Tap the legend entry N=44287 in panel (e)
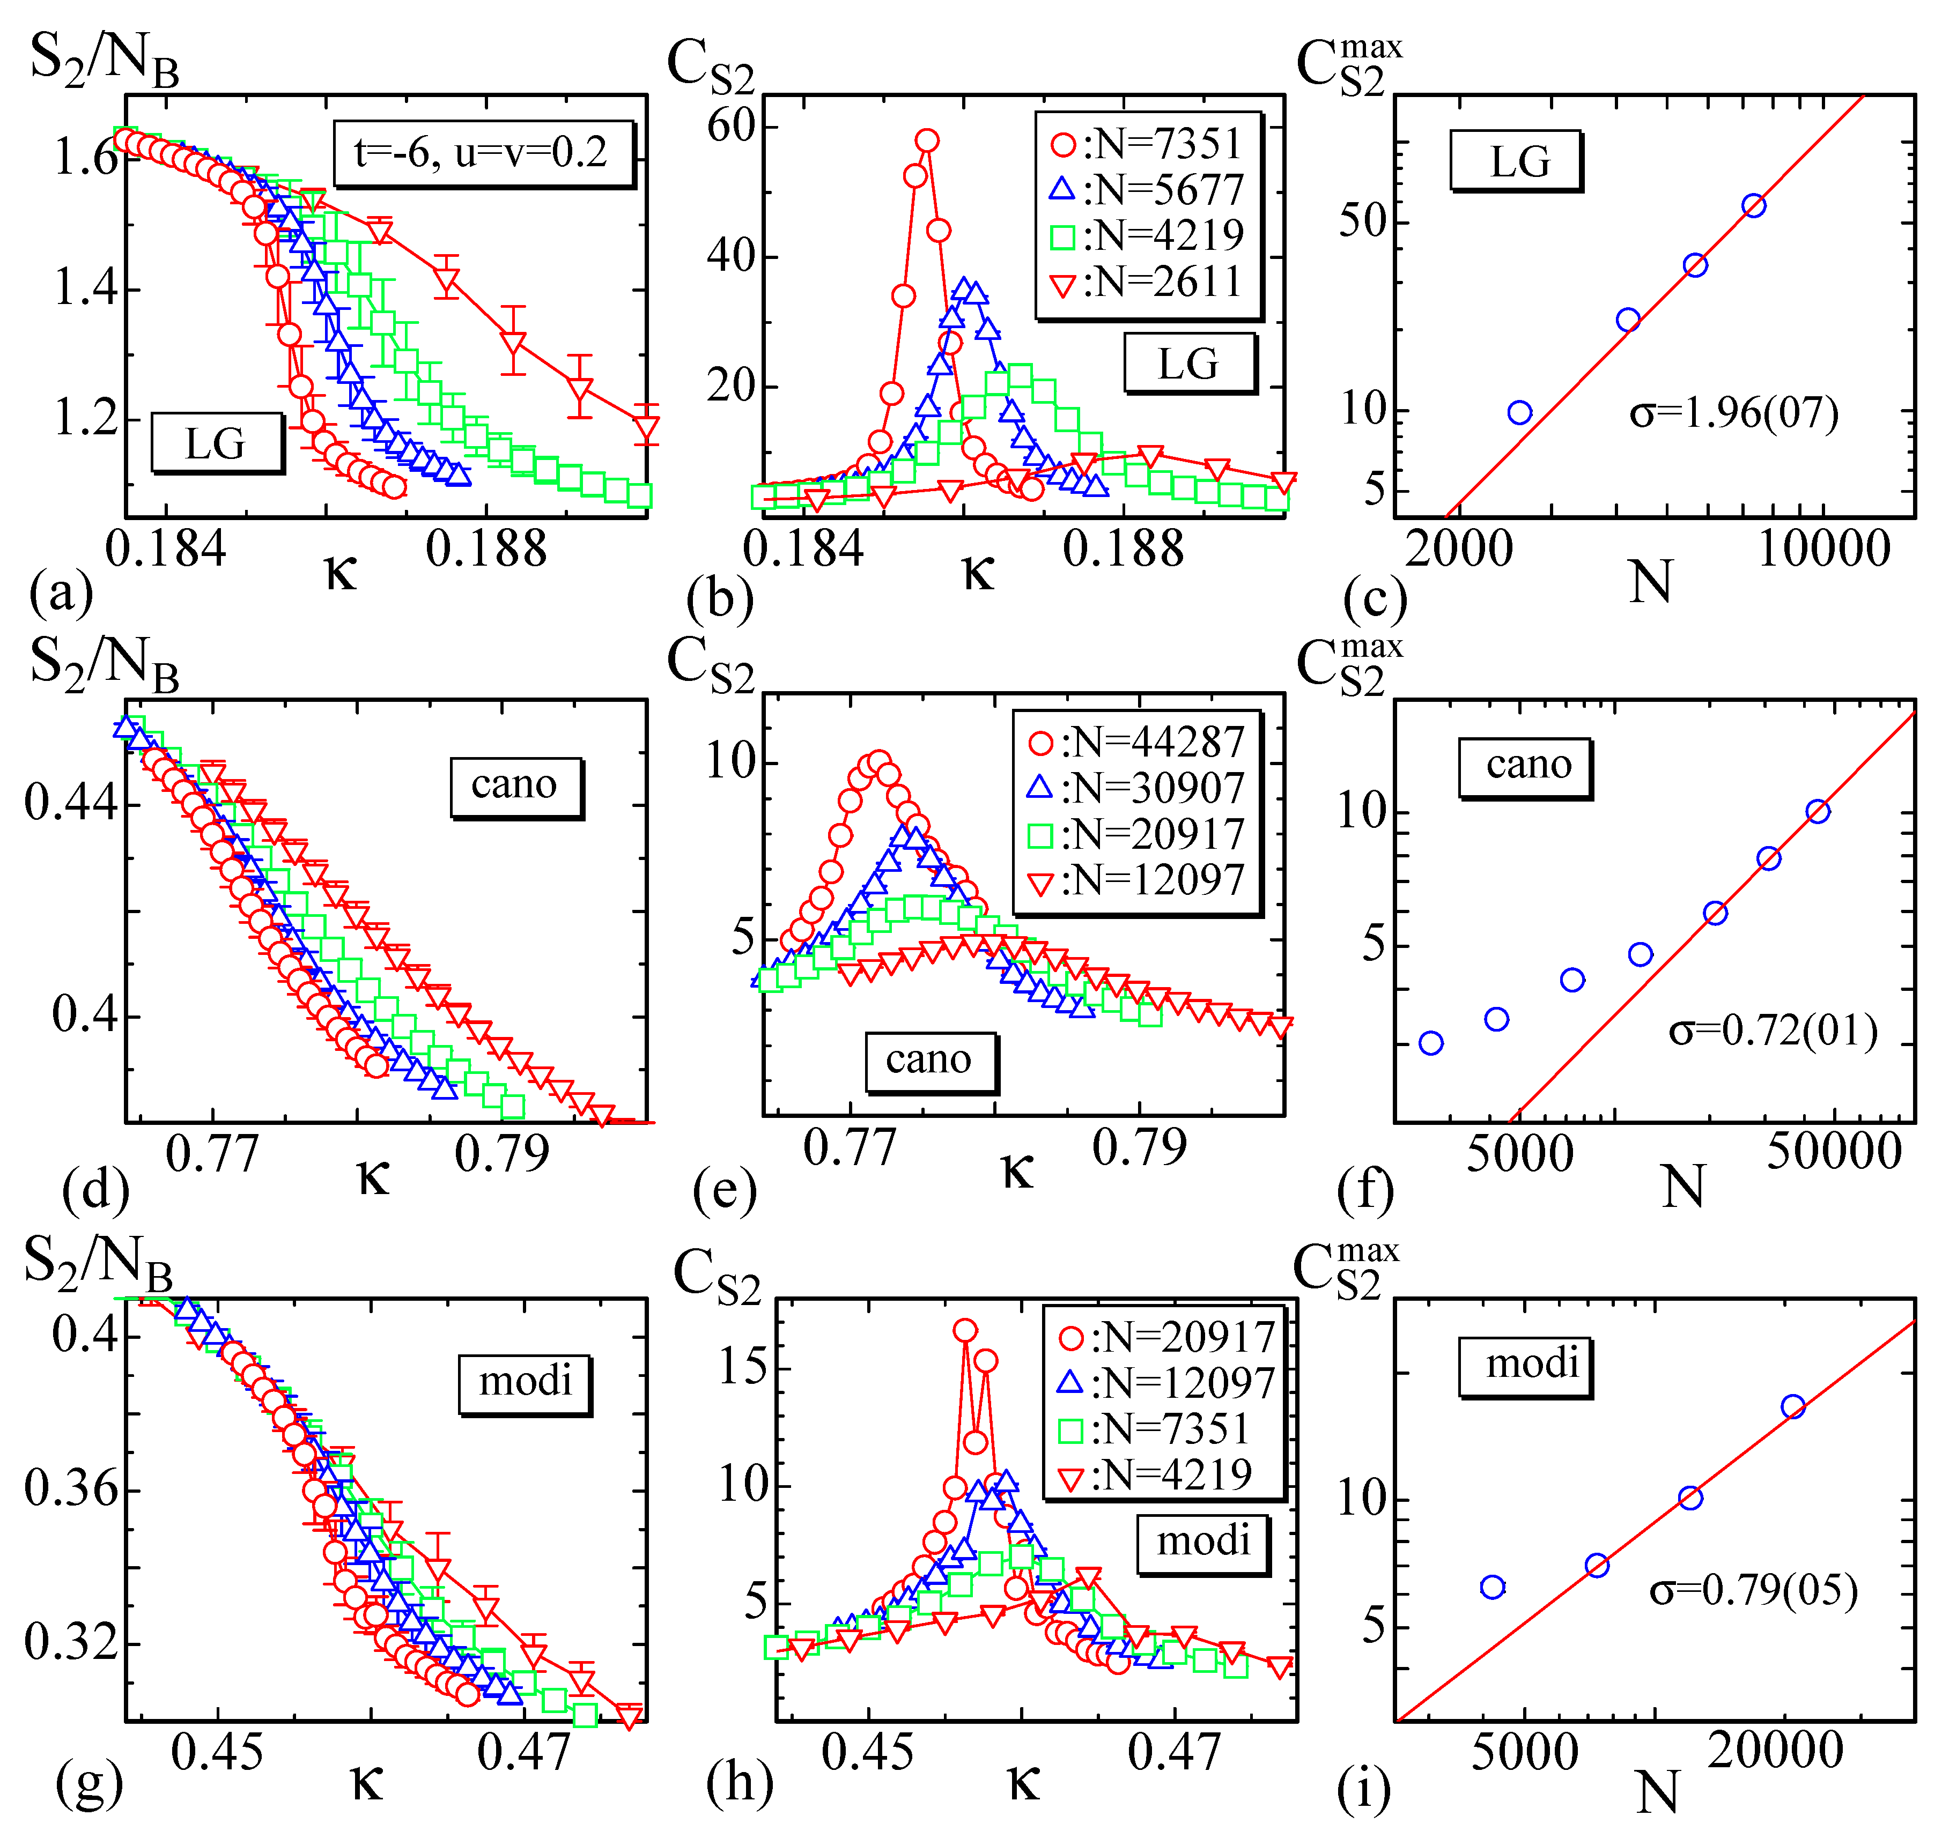point(1136,743)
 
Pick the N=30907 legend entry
point(1136,789)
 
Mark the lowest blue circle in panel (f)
point(1430,1042)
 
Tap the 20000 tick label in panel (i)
point(1775,1751)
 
